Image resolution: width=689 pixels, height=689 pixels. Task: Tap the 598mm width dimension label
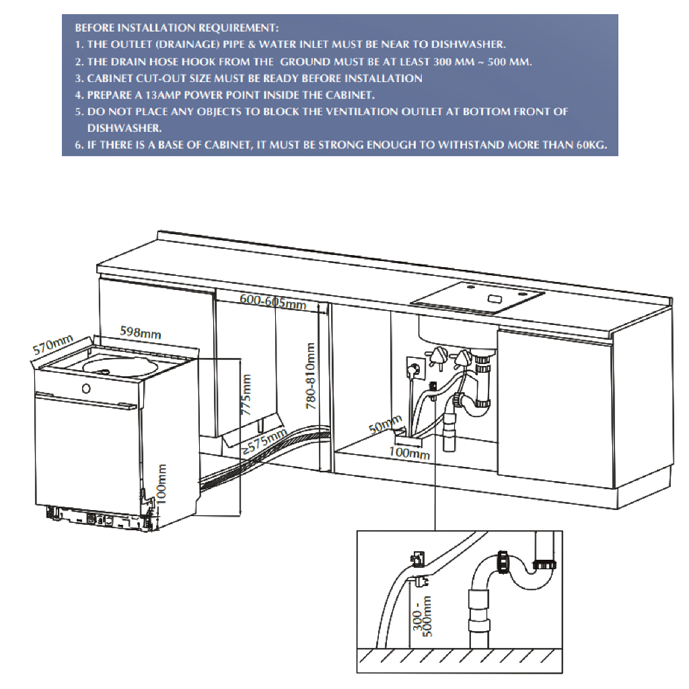tap(140, 332)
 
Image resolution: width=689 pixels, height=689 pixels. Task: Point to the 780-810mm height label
tap(310, 377)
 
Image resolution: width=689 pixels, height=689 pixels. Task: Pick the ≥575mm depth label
tap(264, 442)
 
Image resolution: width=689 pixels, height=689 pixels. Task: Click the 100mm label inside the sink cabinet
tap(409, 454)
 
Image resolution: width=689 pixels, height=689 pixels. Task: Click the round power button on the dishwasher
tap(85, 388)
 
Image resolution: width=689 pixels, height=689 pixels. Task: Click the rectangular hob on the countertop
tap(478, 297)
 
